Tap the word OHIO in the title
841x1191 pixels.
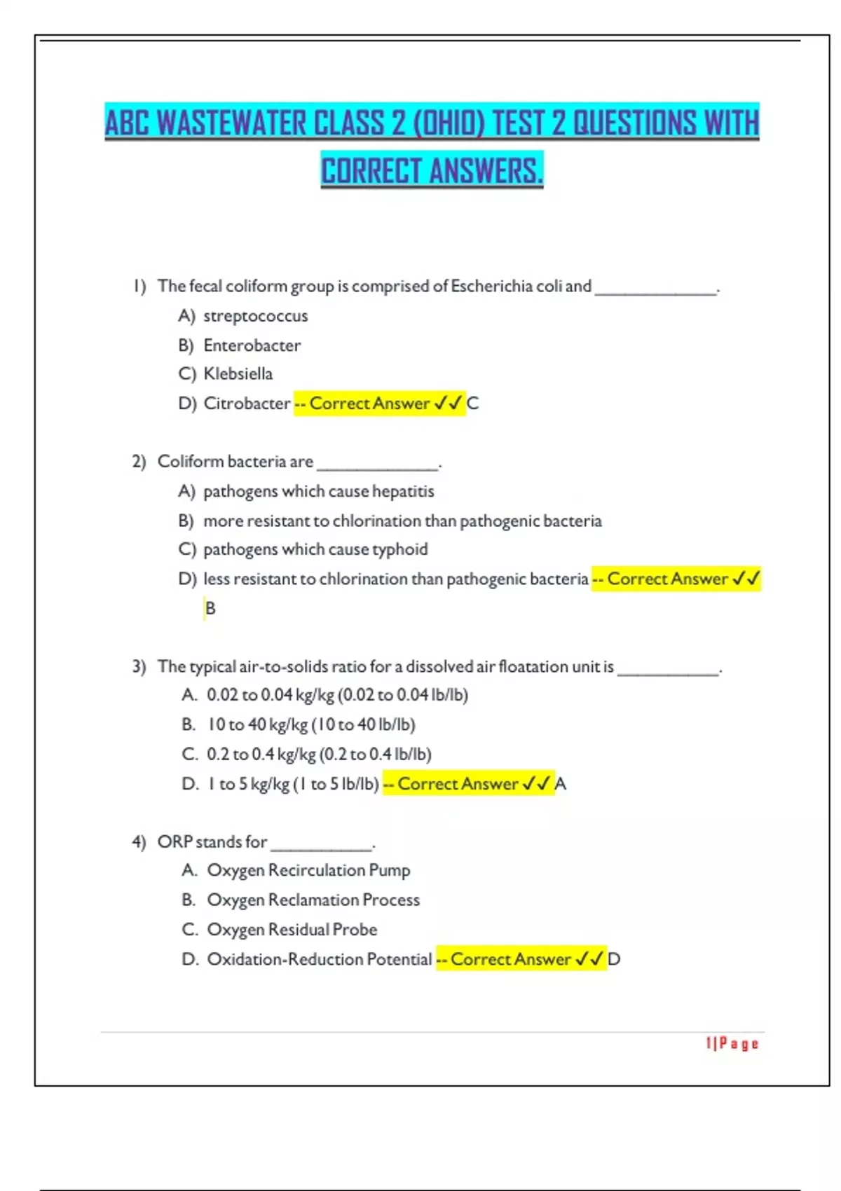pos(449,123)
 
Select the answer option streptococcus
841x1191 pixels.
pos(255,316)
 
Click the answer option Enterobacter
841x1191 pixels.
pos(252,345)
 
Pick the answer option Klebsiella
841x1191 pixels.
pos(238,374)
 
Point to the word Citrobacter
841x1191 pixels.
pos(247,404)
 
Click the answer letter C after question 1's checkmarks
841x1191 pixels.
pos(473,404)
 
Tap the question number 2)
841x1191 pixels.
pos(139,462)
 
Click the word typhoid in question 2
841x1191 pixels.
pos(399,549)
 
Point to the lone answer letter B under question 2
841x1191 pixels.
pos(210,608)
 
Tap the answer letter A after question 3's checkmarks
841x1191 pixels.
pos(561,784)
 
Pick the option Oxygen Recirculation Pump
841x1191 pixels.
pos(308,870)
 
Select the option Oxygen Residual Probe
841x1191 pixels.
pos(292,930)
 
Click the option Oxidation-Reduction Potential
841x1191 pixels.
pos(319,959)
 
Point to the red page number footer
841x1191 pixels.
pos(732,1044)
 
